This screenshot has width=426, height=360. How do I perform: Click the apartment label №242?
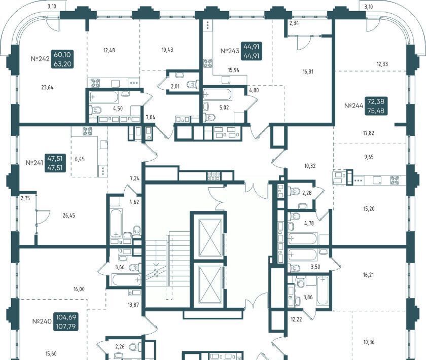(40, 59)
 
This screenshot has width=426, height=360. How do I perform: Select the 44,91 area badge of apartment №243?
(252, 52)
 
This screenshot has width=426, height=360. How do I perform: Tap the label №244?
(353, 105)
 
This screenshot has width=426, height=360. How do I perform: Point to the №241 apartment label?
(34, 163)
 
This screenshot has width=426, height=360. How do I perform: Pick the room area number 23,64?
(47, 88)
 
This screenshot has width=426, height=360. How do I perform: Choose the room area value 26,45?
(69, 215)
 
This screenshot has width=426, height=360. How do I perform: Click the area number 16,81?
(308, 71)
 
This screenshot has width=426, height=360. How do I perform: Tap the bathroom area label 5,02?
(224, 107)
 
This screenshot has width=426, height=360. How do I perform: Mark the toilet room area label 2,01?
(175, 87)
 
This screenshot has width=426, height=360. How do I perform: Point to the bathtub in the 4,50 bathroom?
(104, 97)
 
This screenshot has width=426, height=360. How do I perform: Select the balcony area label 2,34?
(294, 23)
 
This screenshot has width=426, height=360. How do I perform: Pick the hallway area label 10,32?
(310, 166)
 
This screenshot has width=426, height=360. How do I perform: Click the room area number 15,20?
(369, 209)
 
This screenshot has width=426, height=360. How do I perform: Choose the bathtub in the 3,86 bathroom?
(322, 290)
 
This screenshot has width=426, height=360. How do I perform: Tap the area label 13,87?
(133, 305)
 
